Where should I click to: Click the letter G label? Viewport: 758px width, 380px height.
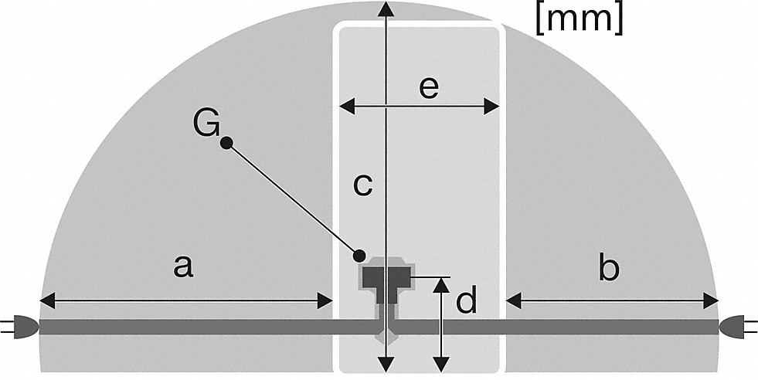click(206, 124)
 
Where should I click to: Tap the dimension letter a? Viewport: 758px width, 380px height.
click(182, 267)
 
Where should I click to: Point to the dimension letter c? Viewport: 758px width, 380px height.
click(362, 185)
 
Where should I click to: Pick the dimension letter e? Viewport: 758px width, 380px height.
click(429, 87)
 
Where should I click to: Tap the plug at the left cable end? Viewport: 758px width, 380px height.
click(21, 327)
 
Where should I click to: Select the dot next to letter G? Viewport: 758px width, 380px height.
click(226, 143)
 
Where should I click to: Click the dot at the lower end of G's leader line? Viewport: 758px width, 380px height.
click(359, 255)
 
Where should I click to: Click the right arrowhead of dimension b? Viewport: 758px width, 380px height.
click(712, 299)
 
